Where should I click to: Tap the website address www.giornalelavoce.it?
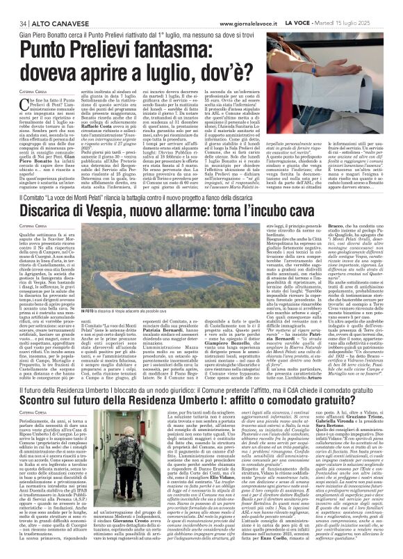coord(256,6)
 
